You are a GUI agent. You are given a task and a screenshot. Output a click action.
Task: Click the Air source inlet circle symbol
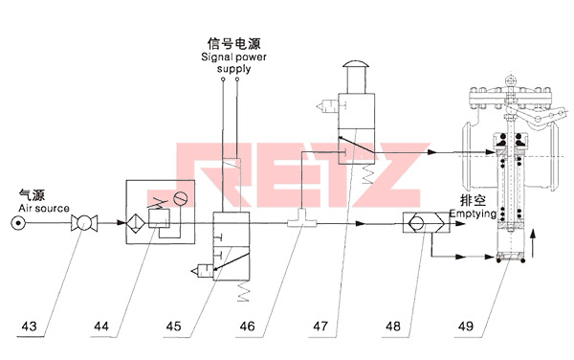coord(19,224)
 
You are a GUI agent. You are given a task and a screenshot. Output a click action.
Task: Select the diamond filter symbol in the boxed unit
coord(137,224)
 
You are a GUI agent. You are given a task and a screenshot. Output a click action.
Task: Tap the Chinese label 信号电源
coord(233,42)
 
